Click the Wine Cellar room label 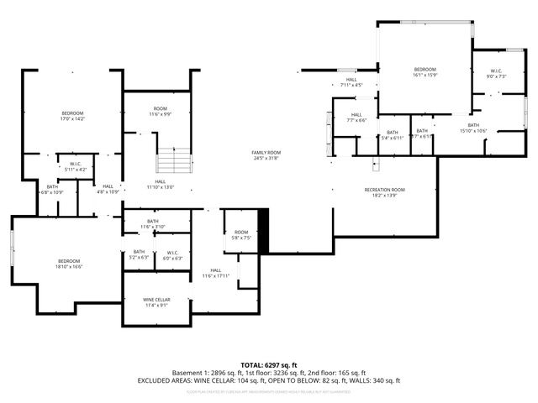point(157,302)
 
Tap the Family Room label point(266,155)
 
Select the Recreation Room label point(384,192)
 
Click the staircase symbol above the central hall point(174,161)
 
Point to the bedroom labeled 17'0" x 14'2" point(72,116)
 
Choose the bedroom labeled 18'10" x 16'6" point(68,264)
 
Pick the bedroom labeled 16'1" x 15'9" point(425,72)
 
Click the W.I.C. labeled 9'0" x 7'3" point(495,74)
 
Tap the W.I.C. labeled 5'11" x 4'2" point(75,166)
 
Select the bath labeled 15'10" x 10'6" point(473,128)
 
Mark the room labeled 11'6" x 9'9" point(160,111)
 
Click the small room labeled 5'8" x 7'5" point(241,235)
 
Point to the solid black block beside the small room point(262,230)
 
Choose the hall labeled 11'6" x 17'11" point(216,273)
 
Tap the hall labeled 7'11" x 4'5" point(351,82)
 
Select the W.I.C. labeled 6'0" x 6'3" point(171,255)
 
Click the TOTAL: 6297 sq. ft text point(269,365)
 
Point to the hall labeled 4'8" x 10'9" point(108,189)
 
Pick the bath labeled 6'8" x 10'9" point(52,190)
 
